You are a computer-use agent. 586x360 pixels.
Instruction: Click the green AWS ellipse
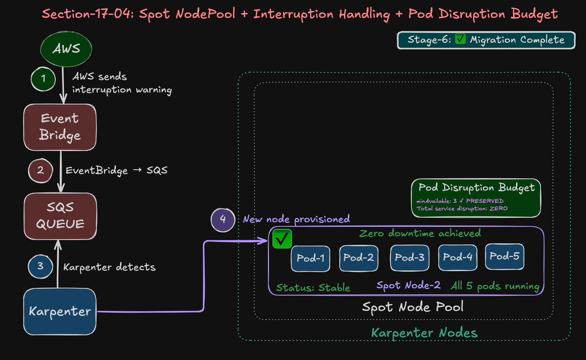66,49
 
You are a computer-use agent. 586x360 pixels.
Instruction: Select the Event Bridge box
60,127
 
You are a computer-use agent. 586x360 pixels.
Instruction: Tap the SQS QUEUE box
60,216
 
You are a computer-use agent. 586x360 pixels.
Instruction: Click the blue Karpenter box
60,311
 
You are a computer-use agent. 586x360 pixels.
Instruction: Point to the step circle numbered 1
43,79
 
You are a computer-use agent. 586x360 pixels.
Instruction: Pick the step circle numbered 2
41,171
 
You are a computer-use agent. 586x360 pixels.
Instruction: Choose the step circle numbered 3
40,266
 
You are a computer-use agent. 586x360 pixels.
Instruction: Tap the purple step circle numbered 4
223,220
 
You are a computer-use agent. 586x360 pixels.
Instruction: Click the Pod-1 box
311,258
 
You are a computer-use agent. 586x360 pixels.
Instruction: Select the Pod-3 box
409,257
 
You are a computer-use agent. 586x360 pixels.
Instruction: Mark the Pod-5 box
504,256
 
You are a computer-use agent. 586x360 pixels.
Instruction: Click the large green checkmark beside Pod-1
282,239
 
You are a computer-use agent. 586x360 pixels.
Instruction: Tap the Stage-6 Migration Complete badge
486,40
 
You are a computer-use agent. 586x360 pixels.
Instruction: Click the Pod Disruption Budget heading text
476,188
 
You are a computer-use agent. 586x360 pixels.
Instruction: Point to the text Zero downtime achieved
420,233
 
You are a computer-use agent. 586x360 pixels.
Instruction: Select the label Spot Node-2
408,285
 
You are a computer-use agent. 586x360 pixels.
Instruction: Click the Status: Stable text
313,288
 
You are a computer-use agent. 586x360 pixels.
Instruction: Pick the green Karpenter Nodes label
424,333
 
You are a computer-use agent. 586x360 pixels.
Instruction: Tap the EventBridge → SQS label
116,171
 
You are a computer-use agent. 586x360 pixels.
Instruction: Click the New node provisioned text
296,220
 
